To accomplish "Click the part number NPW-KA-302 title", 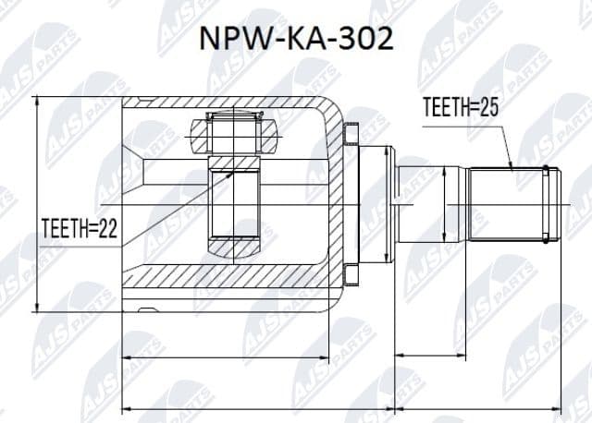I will point(297,40).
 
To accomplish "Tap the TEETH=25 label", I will point(462,108).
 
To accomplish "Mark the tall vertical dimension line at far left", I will point(37,204).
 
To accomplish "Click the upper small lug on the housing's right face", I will point(348,137).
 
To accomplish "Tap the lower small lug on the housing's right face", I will point(348,273).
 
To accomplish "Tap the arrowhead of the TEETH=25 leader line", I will point(512,167).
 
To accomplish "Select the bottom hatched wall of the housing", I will point(231,277).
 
